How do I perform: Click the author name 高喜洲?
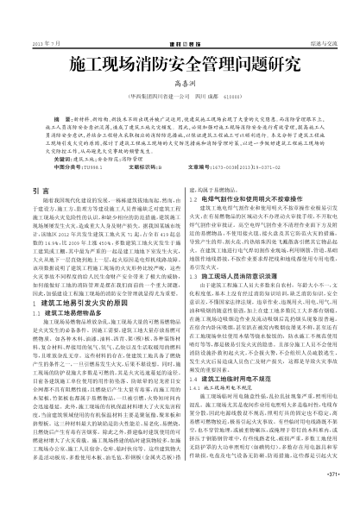point(180,90)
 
